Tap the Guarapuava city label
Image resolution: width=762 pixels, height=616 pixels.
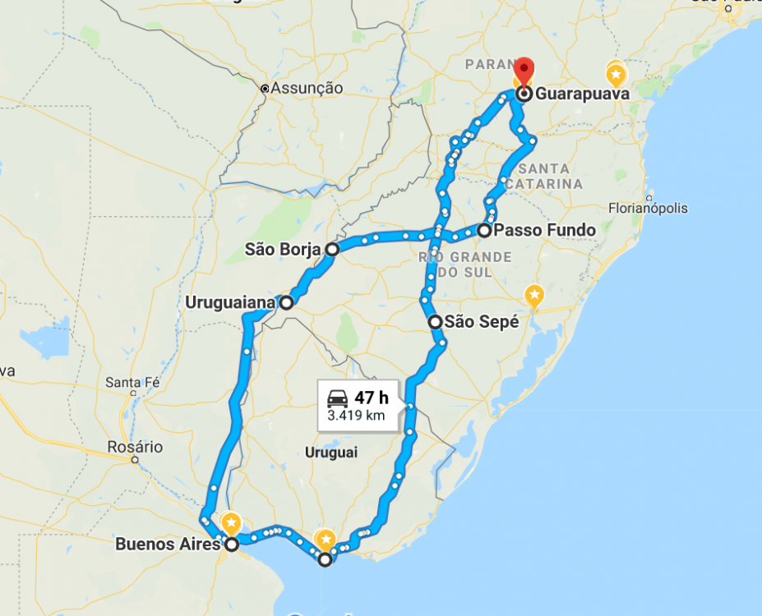coord(582,94)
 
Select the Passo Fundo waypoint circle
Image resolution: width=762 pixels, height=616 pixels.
coord(484,230)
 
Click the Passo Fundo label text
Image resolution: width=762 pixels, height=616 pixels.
coord(545,230)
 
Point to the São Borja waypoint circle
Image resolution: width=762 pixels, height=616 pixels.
coord(331,249)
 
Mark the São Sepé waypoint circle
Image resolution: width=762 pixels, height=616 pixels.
coord(435,322)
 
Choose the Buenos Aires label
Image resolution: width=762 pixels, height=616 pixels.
coord(168,544)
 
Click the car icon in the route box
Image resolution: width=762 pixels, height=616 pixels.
coord(337,398)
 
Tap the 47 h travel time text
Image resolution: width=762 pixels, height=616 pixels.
coord(372,398)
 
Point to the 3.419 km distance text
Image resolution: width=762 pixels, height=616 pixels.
coord(356,416)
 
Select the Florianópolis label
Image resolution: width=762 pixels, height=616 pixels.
coord(648,208)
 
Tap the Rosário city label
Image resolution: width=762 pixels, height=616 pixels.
coord(135,448)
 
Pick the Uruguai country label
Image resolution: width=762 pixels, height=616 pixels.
coord(331,452)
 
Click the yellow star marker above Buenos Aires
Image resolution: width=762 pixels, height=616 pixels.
coord(232,522)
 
